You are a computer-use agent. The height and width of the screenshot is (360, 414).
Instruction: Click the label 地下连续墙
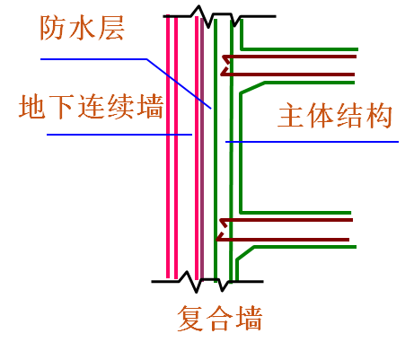click(x=92, y=108)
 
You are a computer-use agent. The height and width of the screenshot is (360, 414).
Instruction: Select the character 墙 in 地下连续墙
click(x=150, y=108)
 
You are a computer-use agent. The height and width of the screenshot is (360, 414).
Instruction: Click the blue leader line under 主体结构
click(x=314, y=142)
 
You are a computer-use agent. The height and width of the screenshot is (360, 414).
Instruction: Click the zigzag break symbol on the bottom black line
click(x=198, y=281)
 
